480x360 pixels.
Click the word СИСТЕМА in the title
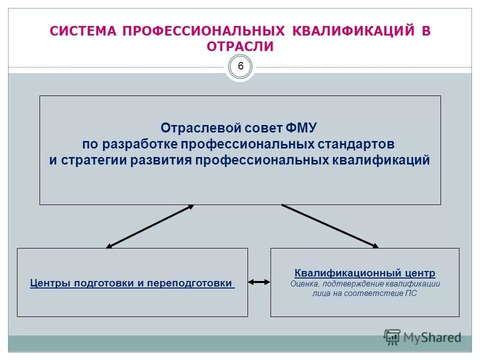[83, 31]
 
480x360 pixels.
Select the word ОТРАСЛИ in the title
[240, 47]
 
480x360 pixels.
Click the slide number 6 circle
[240, 66]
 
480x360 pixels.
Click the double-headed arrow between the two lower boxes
[259, 282]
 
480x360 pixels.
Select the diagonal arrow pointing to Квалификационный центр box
[330, 225]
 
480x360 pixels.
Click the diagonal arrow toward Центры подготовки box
[150, 226]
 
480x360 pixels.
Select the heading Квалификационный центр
[365, 273]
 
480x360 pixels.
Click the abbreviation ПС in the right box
[411, 293]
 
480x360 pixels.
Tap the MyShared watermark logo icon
[392, 336]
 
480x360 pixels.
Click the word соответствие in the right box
[376, 293]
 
